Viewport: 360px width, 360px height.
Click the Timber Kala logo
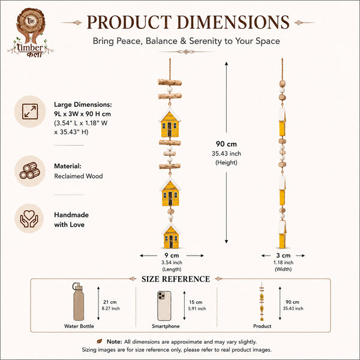pyautogui.click(x=31, y=32)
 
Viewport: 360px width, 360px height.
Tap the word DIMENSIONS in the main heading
pyautogui.click(x=233, y=22)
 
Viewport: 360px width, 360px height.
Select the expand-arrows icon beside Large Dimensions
pyautogui.click(x=30, y=112)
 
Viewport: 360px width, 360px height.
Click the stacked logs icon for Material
pyautogui.click(x=30, y=171)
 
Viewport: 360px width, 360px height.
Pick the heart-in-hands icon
pyautogui.click(x=29, y=218)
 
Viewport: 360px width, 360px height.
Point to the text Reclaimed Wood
pyautogui.click(x=78, y=176)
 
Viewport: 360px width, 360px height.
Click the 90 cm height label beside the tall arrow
pyautogui.click(x=226, y=144)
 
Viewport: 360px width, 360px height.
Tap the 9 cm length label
pyautogui.click(x=172, y=256)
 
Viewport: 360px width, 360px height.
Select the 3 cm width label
pyautogui.click(x=283, y=256)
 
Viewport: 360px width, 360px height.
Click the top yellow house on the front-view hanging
pyautogui.click(x=170, y=122)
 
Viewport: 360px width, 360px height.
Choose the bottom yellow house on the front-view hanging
pyautogui.click(x=171, y=236)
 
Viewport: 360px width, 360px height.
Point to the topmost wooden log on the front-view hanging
pyautogui.click(x=170, y=82)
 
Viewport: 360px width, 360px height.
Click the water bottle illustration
pyautogui.click(x=78, y=302)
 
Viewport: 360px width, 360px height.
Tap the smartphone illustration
pyautogui.click(x=164, y=306)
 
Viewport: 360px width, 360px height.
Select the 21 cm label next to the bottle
pyautogui.click(x=110, y=302)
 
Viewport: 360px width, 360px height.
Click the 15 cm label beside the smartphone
pyautogui.click(x=196, y=302)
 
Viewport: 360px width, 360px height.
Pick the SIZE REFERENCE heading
pyautogui.click(x=176, y=279)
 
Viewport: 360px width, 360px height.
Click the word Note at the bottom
pyautogui.click(x=114, y=341)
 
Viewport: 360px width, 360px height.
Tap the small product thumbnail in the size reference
pyautogui.click(x=262, y=302)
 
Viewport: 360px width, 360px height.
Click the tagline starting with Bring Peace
pyautogui.click(x=186, y=41)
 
